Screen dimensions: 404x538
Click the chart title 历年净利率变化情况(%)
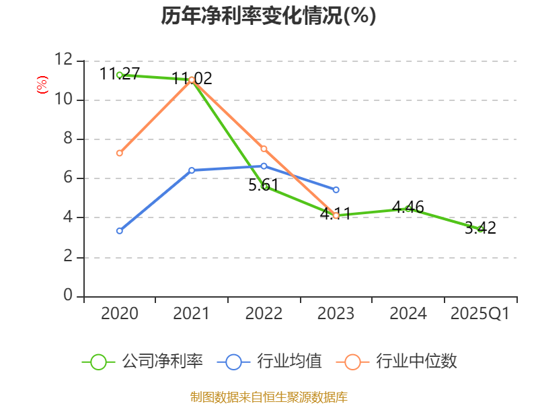click(x=268, y=15)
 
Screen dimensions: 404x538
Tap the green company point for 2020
click(x=119, y=75)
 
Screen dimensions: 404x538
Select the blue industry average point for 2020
click(x=119, y=231)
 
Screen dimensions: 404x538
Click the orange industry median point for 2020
click(x=119, y=153)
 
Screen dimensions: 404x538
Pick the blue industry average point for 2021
click(x=192, y=170)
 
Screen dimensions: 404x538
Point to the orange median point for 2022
click(x=264, y=149)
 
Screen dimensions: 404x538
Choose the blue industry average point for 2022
click(x=264, y=166)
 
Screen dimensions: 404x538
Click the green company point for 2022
click(x=264, y=187)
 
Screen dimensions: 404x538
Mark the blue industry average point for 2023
click(x=336, y=190)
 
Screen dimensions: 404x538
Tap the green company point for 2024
click(x=408, y=209)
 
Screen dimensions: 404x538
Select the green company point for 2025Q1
click(x=480, y=230)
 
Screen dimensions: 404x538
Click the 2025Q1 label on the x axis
click(x=480, y=314)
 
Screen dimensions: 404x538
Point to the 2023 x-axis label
click(x=336, y=314)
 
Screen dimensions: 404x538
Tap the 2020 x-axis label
click(x=120, y=314)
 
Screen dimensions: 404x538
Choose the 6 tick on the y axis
click(x=67, y=178)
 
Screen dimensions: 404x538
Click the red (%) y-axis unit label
click(x=42, y=85)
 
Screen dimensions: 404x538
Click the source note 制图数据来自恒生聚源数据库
click(x=268, y=397)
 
